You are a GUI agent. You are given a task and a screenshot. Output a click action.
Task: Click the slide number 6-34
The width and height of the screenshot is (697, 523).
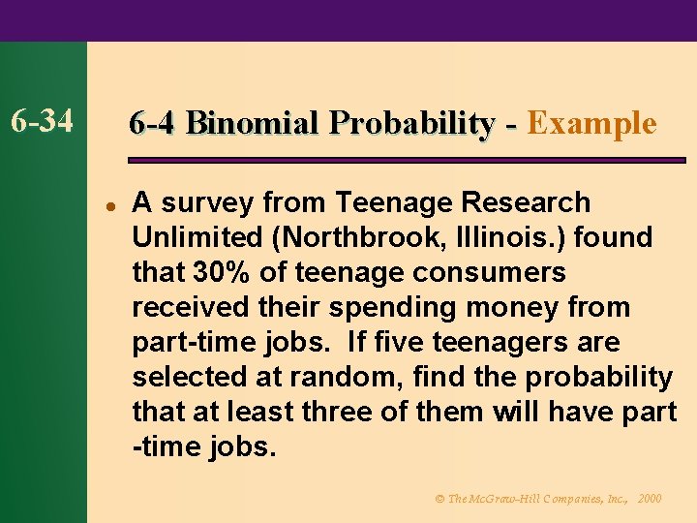pyautogui.click(x=43, y=123)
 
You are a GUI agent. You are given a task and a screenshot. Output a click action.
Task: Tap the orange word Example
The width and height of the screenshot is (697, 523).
pyautogui.click(x=592, y=124)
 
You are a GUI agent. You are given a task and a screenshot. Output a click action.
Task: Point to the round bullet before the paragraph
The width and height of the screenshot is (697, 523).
pyautogui.click(x=111, y=205)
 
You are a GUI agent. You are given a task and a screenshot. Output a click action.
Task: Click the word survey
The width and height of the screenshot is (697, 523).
pyautogui.click(x=209, y=202)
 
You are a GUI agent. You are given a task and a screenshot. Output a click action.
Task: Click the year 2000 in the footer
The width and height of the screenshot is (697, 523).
pyautogui.click(x=651, y=498)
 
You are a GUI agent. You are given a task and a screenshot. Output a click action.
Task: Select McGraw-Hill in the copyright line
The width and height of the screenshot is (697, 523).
pyautogui.click(x=504, y=498)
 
